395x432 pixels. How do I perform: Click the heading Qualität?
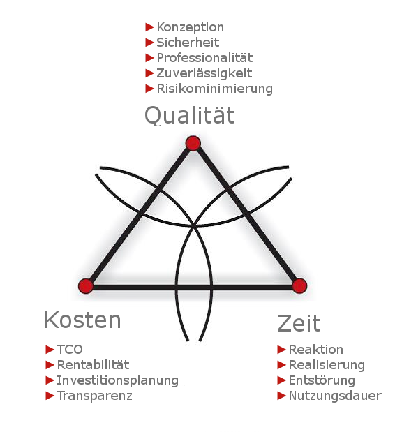[190, 116]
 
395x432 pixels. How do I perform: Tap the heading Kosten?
[82, 320]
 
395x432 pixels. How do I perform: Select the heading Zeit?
[299, 323]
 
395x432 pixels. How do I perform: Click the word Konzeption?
[190, 27]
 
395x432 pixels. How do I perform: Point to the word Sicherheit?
[188, 43]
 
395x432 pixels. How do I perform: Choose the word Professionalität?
[204, 58]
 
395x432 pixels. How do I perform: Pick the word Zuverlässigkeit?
[204, 73]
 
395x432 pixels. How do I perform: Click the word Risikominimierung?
[214, 89]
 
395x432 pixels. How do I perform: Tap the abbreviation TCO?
[70, 350]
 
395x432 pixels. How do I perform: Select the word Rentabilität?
[93, 365]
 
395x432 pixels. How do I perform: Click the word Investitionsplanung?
[118, 380]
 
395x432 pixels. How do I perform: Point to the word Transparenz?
[94, 396]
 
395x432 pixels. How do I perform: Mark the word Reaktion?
[316, 350]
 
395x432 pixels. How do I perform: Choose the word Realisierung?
[327, 365]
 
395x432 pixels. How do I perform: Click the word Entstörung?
[322, 380]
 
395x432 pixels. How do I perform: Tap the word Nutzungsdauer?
[335, 396]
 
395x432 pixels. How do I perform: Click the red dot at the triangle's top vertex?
[193, 143]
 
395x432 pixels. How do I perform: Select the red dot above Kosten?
[86, 286]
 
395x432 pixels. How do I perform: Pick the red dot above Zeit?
[299, 285]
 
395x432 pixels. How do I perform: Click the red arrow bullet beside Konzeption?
[149, 27]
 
